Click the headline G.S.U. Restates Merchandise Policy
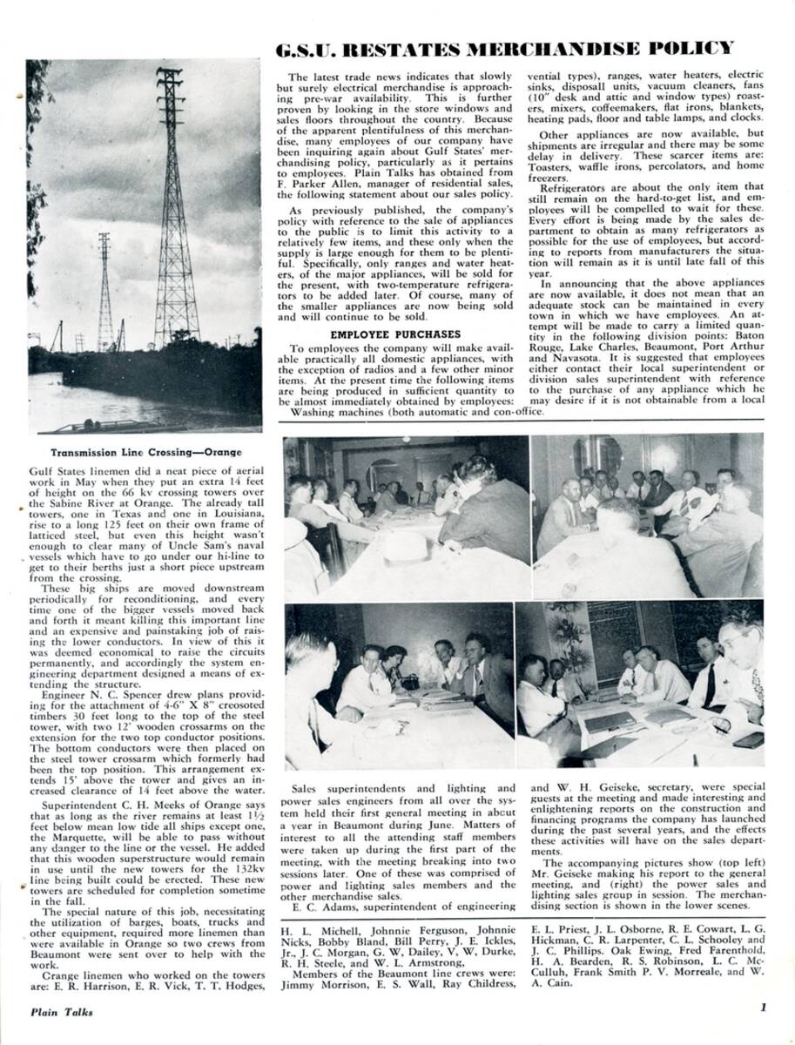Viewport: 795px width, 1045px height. coord(504,48)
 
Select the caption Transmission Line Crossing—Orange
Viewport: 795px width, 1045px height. coord(145,452)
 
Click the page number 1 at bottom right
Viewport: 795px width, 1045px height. coord(762,1010)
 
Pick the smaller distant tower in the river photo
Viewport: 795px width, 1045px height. coord(104,292)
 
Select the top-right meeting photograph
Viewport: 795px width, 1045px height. coord(647,516)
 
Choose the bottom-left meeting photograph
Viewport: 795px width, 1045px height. coord(400,686)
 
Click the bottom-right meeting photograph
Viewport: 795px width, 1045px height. coord(640,684)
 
